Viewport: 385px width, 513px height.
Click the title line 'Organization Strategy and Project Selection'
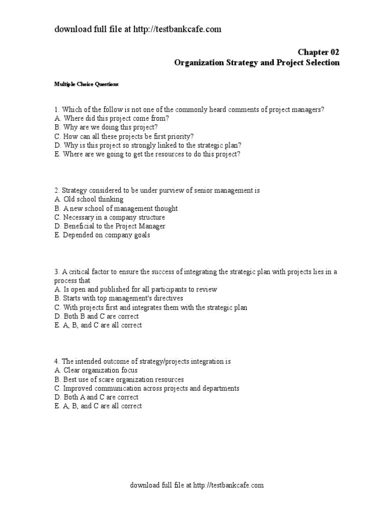click(257, 63)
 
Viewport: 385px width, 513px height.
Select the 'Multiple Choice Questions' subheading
click(86, 84)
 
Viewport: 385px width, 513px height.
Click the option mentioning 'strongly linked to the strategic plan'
click(148, 145)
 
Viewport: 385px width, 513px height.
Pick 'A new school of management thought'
click(116, 208)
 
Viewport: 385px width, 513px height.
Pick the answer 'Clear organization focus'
click(96, 370)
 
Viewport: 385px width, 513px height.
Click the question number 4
click(57, 361)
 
